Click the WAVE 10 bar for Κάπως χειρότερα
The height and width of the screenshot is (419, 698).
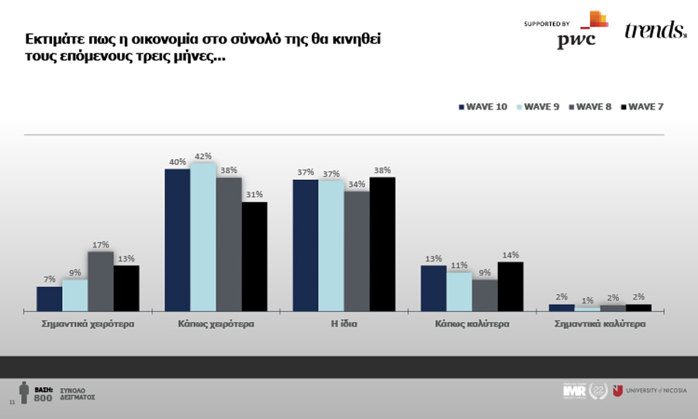(x=178, y=240)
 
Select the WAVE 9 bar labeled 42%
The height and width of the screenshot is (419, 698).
(x=203, y=237)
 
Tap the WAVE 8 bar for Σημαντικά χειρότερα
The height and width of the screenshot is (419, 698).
(x=101, y=281)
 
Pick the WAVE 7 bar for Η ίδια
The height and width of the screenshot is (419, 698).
(x=382, y=244)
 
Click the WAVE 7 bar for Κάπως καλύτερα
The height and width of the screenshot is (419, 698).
(x=510, y=286)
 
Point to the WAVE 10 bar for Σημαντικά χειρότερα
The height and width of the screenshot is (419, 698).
(x=50, y=299)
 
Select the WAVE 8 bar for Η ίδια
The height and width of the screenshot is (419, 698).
(x=357, y=251)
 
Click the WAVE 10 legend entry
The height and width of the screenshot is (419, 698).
(x=482, y=106)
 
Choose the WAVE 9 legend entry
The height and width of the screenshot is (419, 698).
(x=537, y=106)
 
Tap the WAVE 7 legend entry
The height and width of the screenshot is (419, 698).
(x=641, y=106)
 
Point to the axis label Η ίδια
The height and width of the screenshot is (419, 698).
(x=344, y=324)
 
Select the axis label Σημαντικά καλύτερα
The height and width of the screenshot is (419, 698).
(x=600, y=324)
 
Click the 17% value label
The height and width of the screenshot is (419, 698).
(x=101, y=244)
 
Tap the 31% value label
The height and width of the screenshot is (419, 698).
(x=254, y=195)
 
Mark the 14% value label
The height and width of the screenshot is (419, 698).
(x=510, y=255)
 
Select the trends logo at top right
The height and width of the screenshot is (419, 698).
(x=655, y=30)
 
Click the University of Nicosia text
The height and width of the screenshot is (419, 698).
(x=655, y=390)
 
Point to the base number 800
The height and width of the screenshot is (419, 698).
(x=43, y=397)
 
